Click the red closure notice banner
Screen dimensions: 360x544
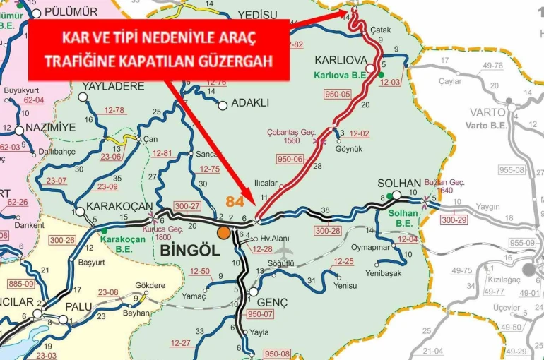[158, 49]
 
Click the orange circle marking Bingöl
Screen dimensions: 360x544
[224, 232]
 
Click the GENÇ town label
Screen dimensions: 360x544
[272, 302]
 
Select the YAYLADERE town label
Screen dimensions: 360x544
[113, 86]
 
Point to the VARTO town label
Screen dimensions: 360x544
[487, 112]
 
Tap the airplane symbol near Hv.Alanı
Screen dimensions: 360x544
[283, 250]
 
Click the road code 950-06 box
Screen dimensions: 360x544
[290, 160]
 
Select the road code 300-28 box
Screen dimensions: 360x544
[327, 231]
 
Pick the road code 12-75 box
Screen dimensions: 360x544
[210, 169]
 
